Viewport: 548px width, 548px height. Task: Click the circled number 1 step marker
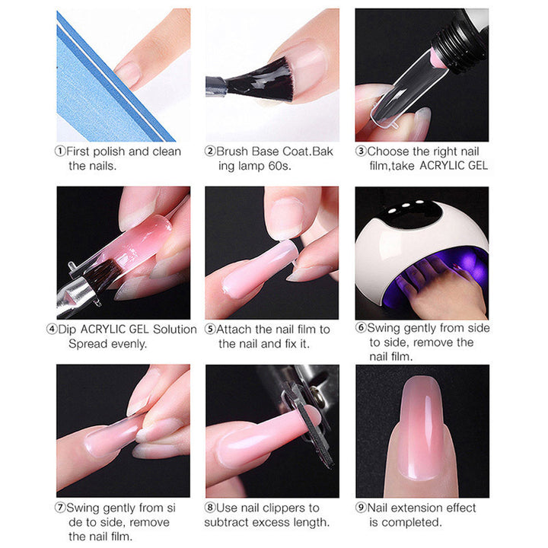pos(61,151)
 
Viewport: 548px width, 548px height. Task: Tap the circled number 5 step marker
pos(210,330)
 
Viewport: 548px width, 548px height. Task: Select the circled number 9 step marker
pos(361,508)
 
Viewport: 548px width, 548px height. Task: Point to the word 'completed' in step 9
pos(412,522)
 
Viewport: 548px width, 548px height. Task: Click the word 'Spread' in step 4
pos(88,344)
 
